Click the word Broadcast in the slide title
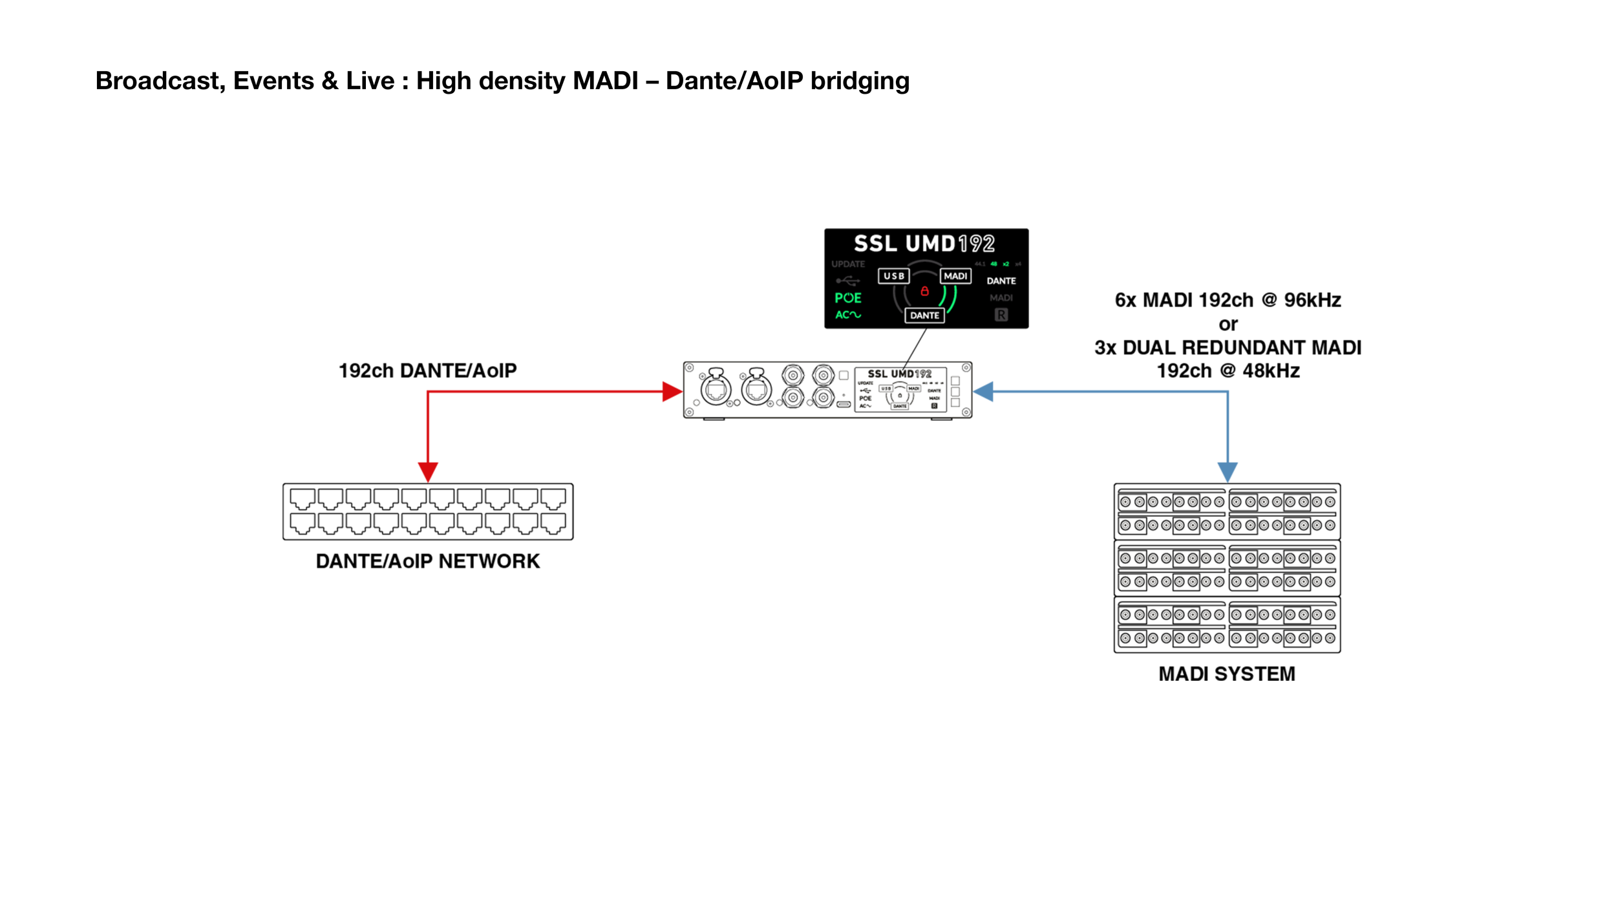click(x=160, y=81)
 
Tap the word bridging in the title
click(x=860, y=81)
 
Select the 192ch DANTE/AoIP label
click(x=427, y=370)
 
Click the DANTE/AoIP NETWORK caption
click(x=427, y=561)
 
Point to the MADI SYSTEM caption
click(x=1226, y=674)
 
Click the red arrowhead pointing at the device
click(x=673, y=391)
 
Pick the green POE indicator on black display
click(x=848, y=298)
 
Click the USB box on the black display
click(x=894, y=276)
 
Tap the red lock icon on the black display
click(x=924, y=292)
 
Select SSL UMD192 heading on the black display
click(x=924, y=244)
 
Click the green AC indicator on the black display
click(x=848, y=315)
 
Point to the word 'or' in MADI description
click(x=1228, y=324)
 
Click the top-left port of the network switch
click(x=302, y=499)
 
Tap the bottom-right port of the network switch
click(x=553, y=523)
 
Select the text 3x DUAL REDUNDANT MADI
click(x=1228, y=348)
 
